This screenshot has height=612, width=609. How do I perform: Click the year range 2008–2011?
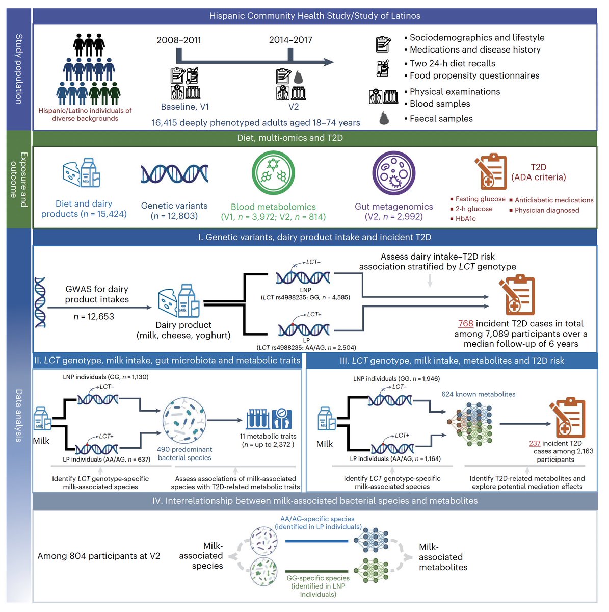(179, 40)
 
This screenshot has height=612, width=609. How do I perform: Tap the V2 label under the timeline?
(293, 107)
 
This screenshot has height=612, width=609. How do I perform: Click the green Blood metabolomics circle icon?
(273, 173)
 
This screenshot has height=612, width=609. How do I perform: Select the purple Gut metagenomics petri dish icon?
(393, 173)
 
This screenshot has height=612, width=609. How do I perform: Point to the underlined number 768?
(466, 323)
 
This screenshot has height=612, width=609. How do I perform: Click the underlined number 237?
(535, 443)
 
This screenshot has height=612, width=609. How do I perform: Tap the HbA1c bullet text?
(466, 218)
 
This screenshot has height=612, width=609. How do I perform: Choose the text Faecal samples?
(441, 118)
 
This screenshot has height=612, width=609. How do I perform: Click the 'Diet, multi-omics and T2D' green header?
(290, 138)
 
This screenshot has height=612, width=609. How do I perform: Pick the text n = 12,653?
(94, 316)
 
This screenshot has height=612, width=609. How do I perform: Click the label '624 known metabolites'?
(478, 394)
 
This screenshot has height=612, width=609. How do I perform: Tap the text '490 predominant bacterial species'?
(184, 453)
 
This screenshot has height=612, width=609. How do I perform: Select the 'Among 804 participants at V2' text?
(99, 556)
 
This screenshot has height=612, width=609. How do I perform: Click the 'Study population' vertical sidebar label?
(19, 69)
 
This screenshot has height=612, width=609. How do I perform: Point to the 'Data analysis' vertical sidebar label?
(19, 416)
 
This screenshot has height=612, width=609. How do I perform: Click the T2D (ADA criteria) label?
(538, 172)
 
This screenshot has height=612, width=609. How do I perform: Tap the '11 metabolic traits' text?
(268, 436)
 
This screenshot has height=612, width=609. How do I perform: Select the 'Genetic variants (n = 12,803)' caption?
(174, 211)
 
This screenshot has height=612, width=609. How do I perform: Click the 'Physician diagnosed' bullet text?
(547, 210)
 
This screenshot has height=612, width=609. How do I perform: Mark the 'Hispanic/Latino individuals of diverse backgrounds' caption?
(85, 114)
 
